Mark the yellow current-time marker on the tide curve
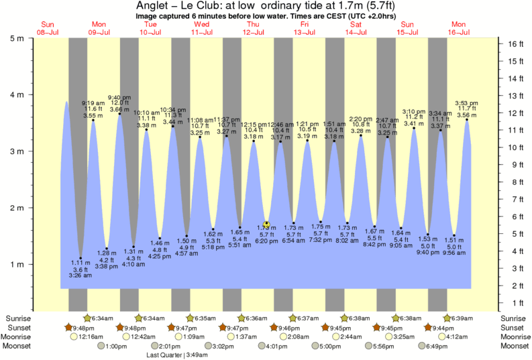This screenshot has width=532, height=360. (267, 224)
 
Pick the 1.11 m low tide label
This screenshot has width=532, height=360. (80, 262)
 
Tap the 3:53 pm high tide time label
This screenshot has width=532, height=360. (467, 103)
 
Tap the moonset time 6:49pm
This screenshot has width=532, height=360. (433, 346)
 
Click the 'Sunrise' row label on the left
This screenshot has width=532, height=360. (18, 318)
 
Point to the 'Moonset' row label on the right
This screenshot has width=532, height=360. (514, 346)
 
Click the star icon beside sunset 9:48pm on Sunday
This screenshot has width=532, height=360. (68, 327)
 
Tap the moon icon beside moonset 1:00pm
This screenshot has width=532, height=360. (101, 346)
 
